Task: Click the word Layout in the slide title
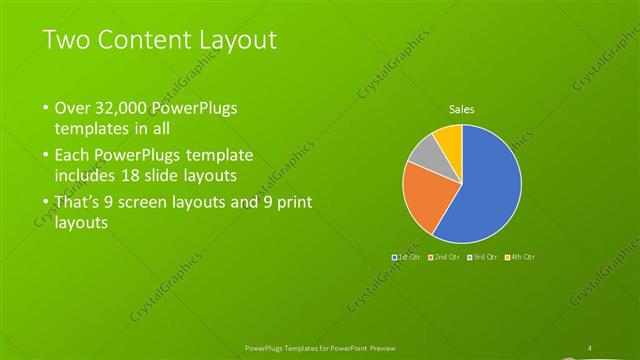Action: [x=232, y=39]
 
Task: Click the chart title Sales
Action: [x=461, y=109]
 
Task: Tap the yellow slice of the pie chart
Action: [x=449, y=139]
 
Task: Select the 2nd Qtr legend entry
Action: [x=445, y=258]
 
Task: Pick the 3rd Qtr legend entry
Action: [x=482, y=258]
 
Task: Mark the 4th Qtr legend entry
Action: [x=519, y=258]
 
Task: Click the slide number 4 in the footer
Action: [x=590, y=347]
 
